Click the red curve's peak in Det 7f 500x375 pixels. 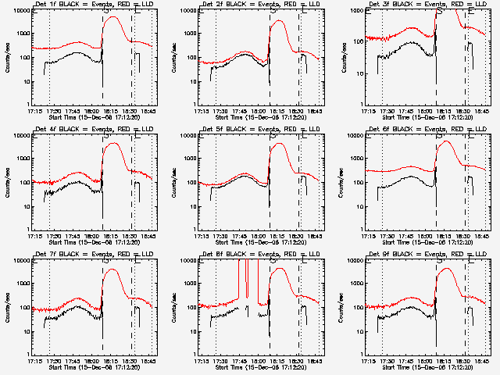click(112, 270)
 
